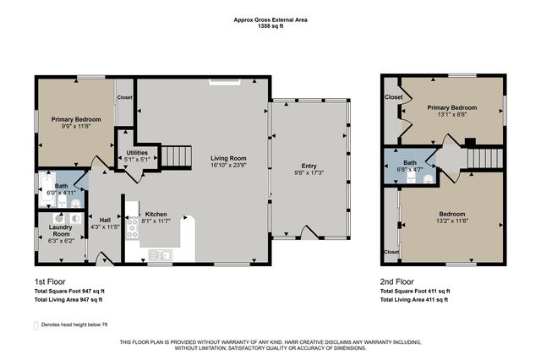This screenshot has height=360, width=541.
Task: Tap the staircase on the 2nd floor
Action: tap(485, 156)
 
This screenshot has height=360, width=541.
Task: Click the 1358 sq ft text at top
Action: tap(270, 26)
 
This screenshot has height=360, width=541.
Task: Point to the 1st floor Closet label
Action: tap(124, 97)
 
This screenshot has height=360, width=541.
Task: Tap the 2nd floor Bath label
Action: tap(410, 162)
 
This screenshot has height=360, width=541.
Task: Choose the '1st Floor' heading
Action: tap(50, 281)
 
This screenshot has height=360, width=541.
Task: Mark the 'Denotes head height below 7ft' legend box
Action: tap(36, 325)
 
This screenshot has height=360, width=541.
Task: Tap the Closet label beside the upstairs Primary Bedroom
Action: tap(393, 97)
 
